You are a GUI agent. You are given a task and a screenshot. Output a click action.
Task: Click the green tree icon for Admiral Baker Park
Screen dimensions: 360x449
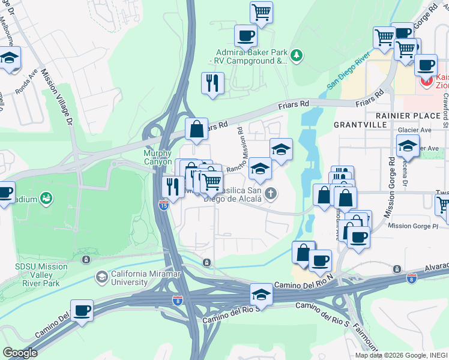click(297, 56)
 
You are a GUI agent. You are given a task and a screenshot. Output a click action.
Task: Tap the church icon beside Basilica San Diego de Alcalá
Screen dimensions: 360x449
click(271, 193)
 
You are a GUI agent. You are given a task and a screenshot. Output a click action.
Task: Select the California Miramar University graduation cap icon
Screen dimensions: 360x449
click(102, 277)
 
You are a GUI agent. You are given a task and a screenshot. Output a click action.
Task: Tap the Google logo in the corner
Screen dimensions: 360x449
click(20, 352)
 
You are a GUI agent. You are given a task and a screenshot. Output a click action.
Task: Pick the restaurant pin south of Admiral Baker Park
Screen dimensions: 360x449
click(212, 83)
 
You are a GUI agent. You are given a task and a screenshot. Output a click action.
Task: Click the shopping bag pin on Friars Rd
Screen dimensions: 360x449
click(196, 128)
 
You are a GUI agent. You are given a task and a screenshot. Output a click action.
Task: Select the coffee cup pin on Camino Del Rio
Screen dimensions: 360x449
click(81, 310)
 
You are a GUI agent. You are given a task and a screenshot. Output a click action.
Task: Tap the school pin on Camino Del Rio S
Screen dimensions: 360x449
click(261, 294)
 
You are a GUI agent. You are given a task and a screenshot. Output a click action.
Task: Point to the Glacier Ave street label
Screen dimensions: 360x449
click(415, 130)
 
